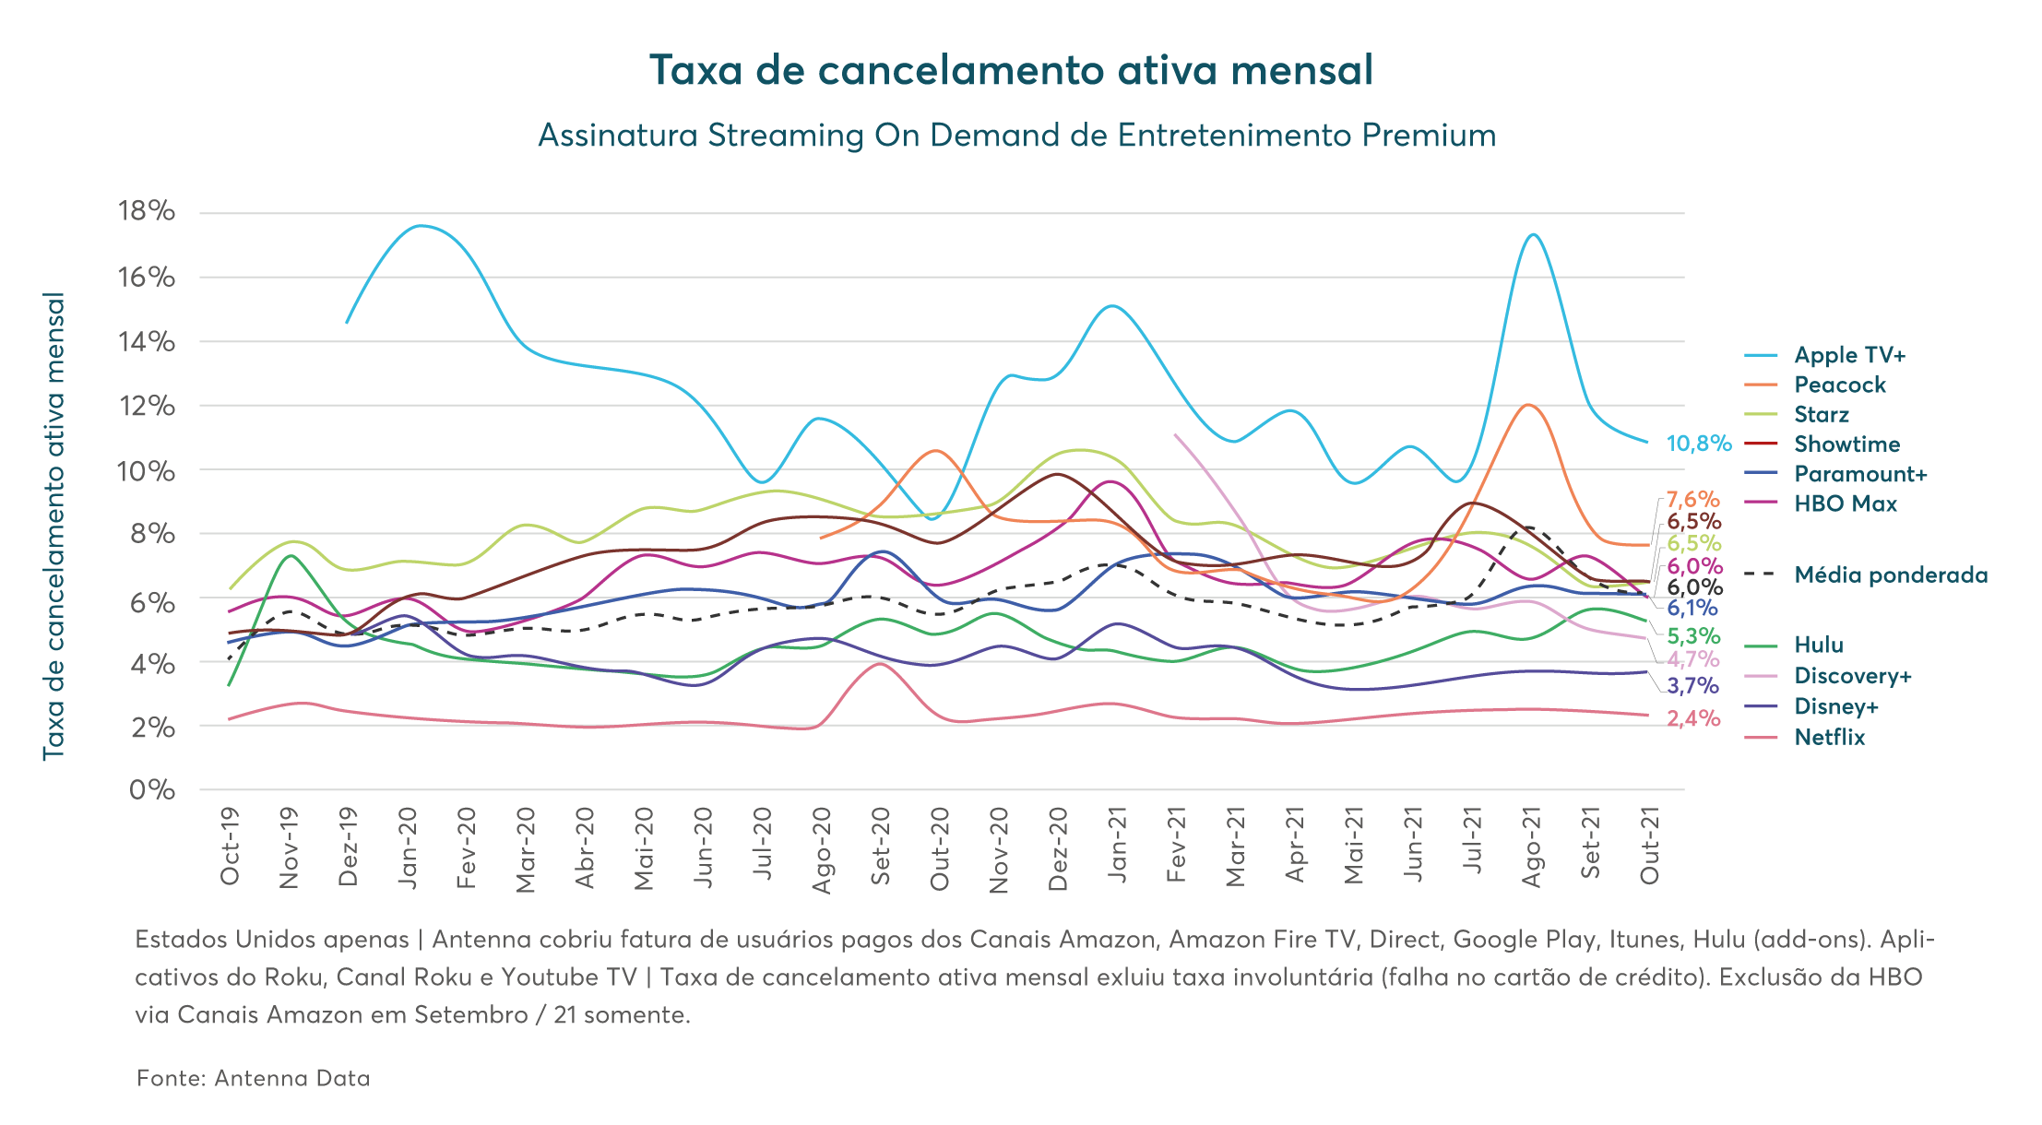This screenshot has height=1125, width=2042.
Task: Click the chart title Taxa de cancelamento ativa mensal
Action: tap(1012, 71)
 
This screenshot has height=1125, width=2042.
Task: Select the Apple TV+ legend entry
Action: tap(1849, 356)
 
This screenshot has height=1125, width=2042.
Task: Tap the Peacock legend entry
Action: tap(1839, 385)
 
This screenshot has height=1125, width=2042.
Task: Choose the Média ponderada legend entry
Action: tap(1890, 575)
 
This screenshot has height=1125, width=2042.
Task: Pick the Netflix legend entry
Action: tap(1829, 738)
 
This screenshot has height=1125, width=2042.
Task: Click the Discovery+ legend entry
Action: tap(1852, 676)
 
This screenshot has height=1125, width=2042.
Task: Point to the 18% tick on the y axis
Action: tap(147, 212)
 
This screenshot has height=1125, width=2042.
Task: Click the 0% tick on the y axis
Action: tap(152, 790)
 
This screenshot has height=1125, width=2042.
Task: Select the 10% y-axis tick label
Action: tap(147, 471)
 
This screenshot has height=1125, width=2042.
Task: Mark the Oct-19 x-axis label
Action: tap(231, 847)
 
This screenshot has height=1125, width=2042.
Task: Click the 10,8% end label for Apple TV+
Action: tap(1698, 444)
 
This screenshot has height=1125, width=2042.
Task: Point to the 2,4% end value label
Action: tap(1693, 718)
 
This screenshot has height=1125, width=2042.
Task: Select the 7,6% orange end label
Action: tap(1693, 500)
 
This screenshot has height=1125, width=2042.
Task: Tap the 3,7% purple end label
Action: tap(1693, 686)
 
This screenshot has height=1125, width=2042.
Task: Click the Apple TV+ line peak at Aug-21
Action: tap(1533, 234)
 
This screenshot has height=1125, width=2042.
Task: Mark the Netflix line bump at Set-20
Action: tap(880, 664)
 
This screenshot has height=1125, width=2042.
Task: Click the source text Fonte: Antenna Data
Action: tap(253, 1078)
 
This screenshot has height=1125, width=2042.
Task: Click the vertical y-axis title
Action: tap(54, 527)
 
